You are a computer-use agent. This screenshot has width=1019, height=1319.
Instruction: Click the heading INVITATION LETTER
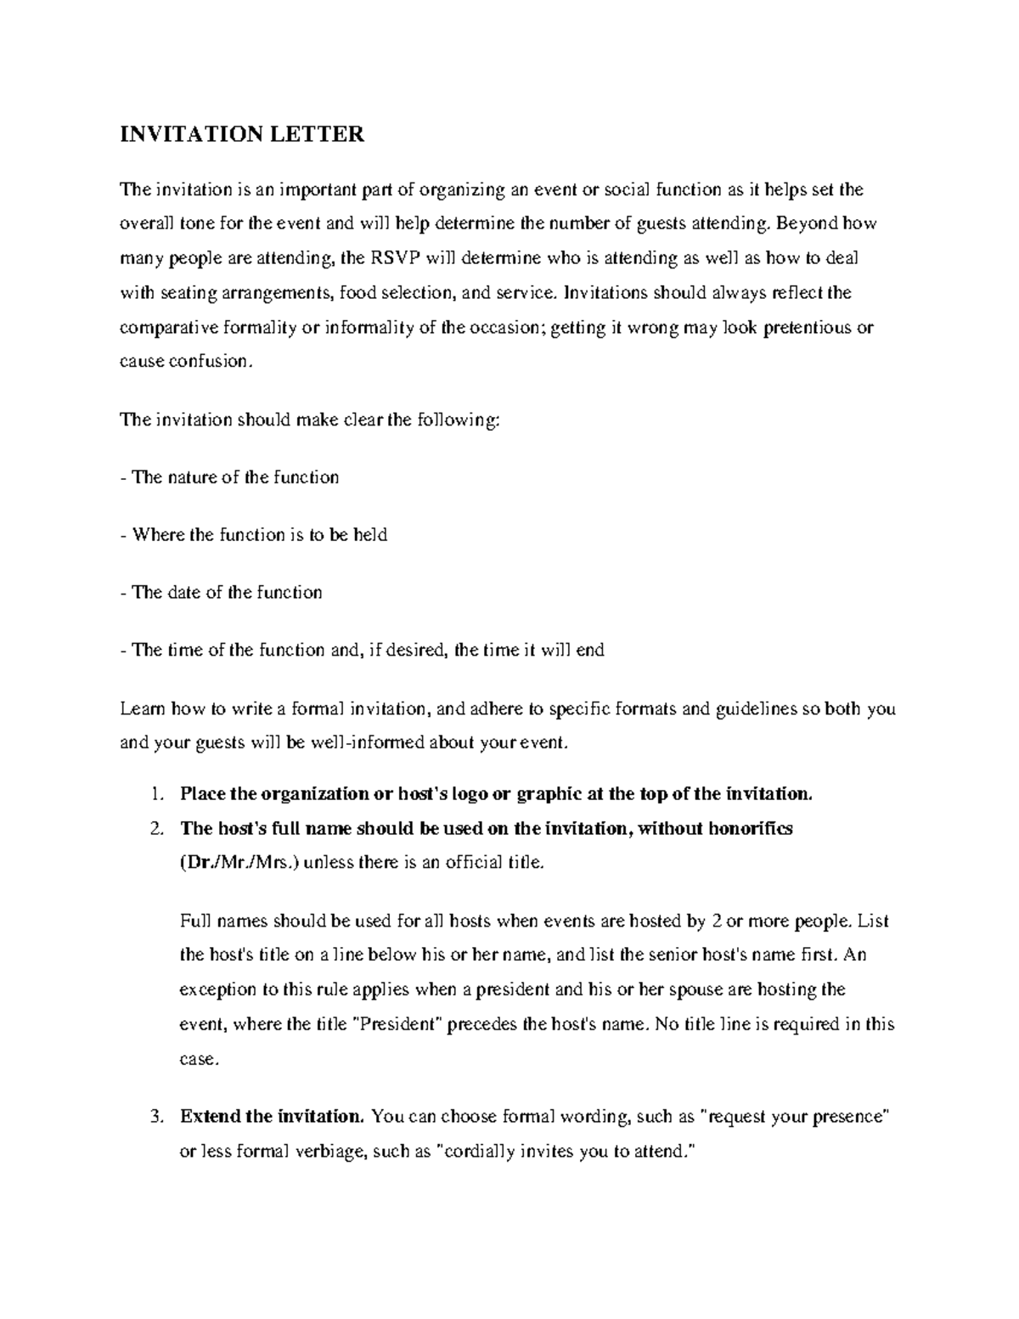coord(242,134)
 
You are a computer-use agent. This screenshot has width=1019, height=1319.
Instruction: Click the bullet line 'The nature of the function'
coord(230,477)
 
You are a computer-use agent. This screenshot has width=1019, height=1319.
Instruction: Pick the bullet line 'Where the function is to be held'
coord(254,535)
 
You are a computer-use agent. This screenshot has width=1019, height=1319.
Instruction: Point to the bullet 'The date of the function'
coord(222,593)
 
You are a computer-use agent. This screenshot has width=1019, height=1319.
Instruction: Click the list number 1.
coord(155,795)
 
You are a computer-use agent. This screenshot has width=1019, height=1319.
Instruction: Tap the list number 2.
coord(155,829)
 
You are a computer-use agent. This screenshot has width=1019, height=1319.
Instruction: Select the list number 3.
coord(155,1117)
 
